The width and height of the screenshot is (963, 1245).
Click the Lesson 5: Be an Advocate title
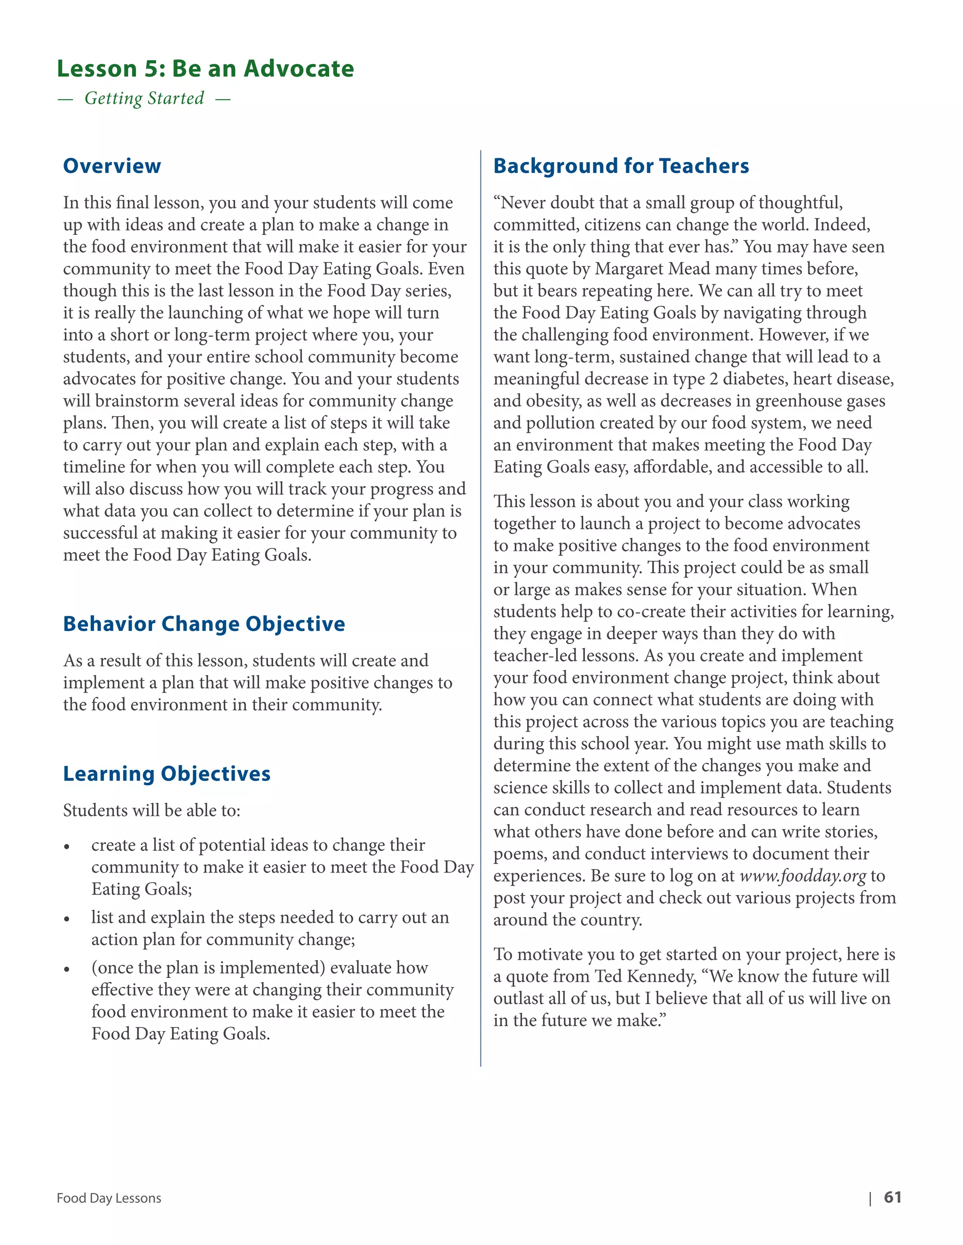pos(205,69)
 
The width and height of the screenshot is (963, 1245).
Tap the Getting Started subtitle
pos(144,98)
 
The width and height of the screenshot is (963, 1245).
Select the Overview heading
pos(112,166)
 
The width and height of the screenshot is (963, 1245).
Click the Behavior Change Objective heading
pos(204,623)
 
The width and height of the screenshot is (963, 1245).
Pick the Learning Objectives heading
pos(166,774)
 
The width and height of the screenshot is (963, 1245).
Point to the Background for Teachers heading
pos(621,166)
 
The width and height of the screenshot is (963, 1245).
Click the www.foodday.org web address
pos(802,876)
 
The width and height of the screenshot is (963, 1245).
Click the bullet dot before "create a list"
pos(67,847)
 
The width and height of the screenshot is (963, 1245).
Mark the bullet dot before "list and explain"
pos(67,919)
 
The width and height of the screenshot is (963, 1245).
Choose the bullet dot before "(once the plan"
pos(67,970)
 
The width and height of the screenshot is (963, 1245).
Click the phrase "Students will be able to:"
pos(152,810)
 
